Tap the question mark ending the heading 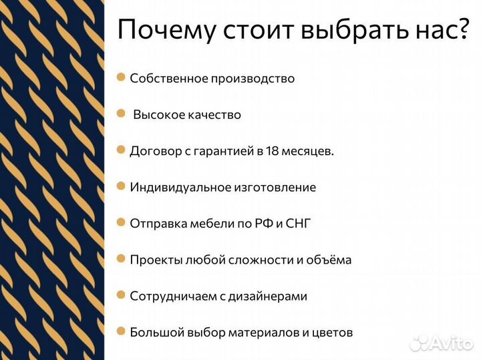(461, 30)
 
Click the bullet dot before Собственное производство (121, 77)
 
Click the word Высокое (160, 115)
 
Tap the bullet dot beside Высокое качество (121, 114)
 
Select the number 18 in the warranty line (272, 151)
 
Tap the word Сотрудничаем (173, 296)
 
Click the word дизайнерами (267, 296)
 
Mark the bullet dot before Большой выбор (121, 331)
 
